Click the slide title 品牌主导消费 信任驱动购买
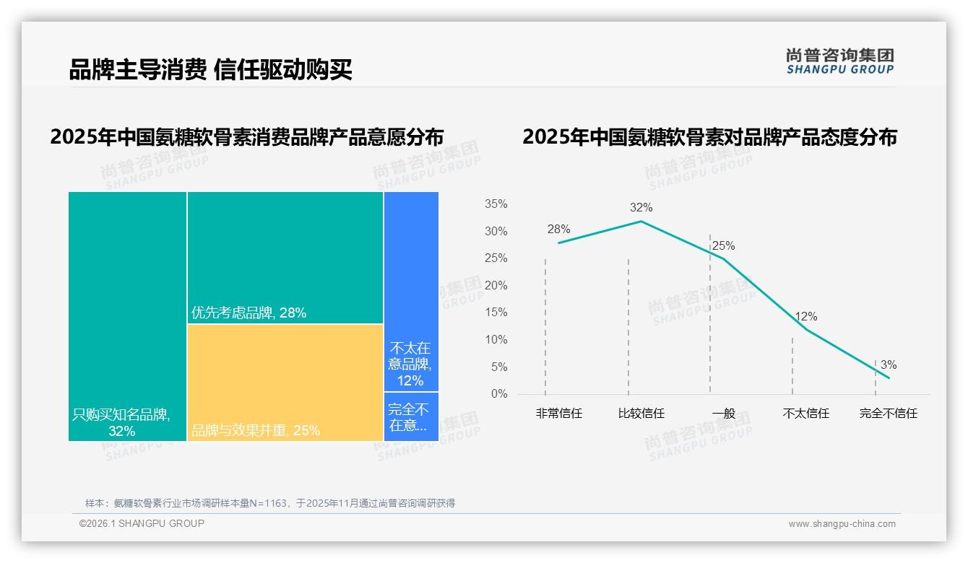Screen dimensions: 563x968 pos(210,70)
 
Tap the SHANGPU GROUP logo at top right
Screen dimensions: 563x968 pos(839,61)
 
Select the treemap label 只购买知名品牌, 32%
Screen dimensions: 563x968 pos(121,423)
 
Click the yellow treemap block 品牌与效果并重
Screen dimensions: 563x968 pos(285,383)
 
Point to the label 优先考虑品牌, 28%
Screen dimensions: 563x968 pos(249,313)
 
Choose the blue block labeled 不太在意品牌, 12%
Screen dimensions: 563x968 pos(410,364)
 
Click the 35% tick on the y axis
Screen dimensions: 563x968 pos(496,204)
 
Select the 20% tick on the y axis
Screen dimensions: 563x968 pos(496,286)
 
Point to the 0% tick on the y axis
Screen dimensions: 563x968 pos(498,394)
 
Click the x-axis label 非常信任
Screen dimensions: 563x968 pos(558,414)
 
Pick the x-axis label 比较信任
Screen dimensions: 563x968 pos(641,414)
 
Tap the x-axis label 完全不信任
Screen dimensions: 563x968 pos(888,414)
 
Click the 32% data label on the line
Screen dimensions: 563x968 pos(641,208)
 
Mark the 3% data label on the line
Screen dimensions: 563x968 pos(888,365)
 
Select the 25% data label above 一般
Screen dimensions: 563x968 pos(723,246)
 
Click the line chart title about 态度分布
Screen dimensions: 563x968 pos(709,137)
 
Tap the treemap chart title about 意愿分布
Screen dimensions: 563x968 pos(246,137)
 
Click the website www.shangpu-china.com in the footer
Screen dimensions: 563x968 pos(842,524)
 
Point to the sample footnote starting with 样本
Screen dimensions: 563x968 pos(269,503)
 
